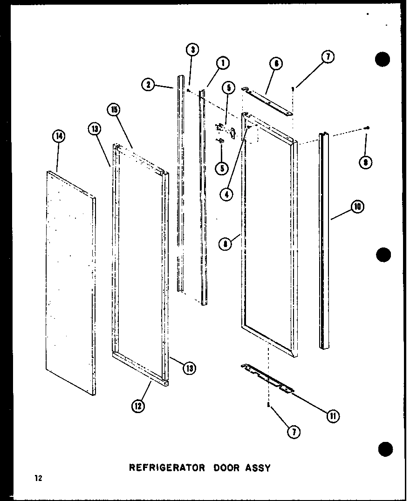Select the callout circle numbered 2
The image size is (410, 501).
[148, 85]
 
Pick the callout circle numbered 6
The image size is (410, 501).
[276, 64]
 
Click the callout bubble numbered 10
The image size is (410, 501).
[357, 207]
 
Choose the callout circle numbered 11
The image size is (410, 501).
[333, 416]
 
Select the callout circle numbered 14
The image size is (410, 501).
[59, 136]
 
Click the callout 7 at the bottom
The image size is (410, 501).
[294, 432]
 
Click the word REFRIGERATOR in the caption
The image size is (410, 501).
[166, 468]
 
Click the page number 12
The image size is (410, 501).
[37, 478]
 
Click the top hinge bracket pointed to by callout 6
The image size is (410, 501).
[267, 100]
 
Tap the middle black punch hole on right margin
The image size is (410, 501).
[383, 255]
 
